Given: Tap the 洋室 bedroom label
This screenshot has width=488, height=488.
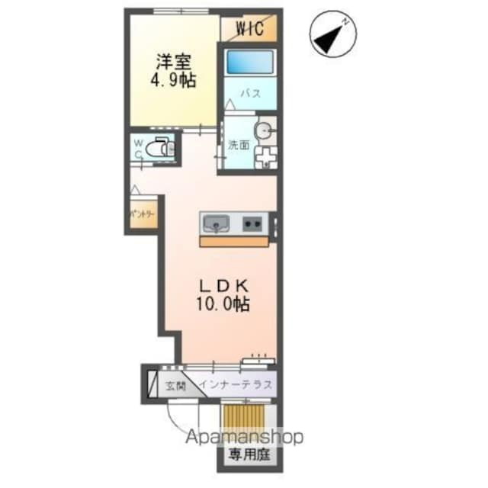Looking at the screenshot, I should pyautogui.click(x=175, y=60).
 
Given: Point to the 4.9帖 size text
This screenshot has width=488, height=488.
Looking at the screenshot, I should pyautogui.click(x=175, y=79).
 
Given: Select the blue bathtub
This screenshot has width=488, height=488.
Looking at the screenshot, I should pyautogui.click(x=251, y=60).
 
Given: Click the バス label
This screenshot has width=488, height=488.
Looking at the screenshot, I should pyautogui.click(x=251, y=95).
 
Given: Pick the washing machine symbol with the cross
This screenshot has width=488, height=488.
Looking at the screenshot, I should pyautogui.click(x=265, y=156).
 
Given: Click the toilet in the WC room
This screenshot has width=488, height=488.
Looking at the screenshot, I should pyautogui.click(x=159, y=148).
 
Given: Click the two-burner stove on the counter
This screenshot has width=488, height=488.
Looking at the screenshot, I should pyautogui.click(x=253, y=224).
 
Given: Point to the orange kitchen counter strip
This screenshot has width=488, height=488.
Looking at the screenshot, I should pyautogui.click(x=235, y=241).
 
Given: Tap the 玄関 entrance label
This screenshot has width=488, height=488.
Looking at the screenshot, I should pyautogui.click(x=175, y=386).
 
